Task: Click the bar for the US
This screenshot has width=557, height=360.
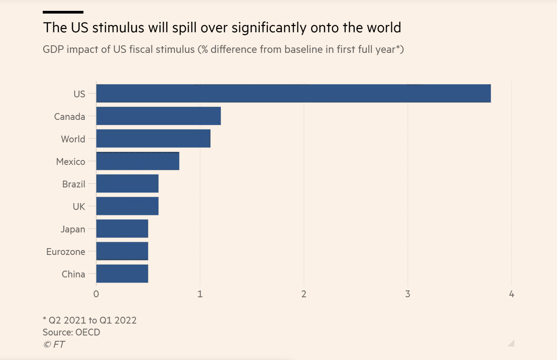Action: coord(293,93)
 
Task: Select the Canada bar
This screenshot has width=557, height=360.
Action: coord(158,116)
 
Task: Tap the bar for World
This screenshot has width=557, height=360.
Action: coord(153,138)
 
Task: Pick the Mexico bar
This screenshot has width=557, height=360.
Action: coord(138,161)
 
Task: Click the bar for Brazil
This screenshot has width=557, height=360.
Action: coord(127,183)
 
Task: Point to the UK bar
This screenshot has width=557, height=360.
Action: coord(127,206)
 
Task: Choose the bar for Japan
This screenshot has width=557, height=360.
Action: coord(122,228)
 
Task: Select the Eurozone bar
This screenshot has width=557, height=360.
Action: coord(122,251)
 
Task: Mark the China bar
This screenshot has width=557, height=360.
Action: coord(122,274)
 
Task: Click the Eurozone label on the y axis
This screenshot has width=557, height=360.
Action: coord(66,252)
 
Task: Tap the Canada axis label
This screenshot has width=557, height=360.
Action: coord(70,117)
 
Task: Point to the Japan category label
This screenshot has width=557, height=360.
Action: coord(73,229)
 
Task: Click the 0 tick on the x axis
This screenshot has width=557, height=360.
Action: coord(96,294)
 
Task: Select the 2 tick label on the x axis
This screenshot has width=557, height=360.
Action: coord(304,294)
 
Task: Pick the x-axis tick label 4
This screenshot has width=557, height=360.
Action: coord(512,294)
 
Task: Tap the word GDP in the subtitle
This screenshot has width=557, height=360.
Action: coord(53,49)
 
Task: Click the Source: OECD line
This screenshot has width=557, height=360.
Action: coord(71,332)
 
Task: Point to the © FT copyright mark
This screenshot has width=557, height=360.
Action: coord(54,344)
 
